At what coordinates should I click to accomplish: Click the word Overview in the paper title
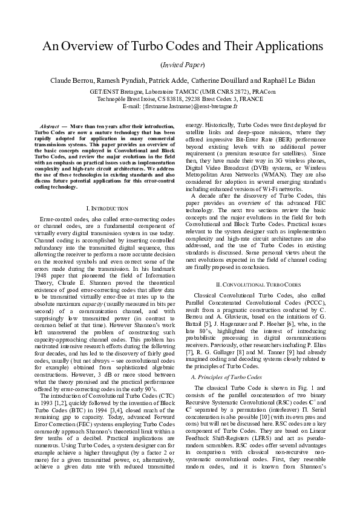[90, 47]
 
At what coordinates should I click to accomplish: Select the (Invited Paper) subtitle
[180, 64]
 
